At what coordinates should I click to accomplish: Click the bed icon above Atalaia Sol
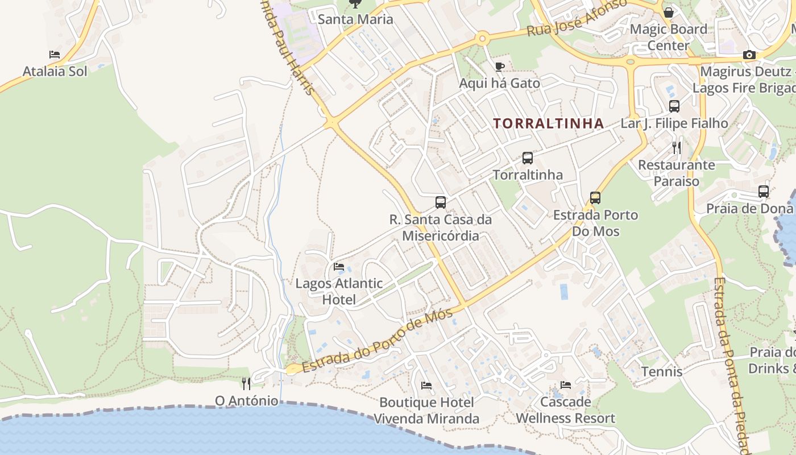(x=55, y=55)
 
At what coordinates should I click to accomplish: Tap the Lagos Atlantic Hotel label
(x=339, y=291)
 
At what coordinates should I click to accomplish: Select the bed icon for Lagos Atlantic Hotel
(x=339, y=266)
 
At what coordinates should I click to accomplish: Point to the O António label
(x=247, y=401)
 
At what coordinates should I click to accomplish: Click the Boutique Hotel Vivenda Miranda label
(x=426, y=411)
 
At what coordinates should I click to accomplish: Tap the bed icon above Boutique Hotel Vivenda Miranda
(x=426, y=386)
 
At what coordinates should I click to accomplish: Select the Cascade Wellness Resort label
(x=565, y=410)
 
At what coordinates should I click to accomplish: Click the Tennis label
(x=662, y=371)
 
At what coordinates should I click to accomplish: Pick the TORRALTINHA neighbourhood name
(x=548, y=123)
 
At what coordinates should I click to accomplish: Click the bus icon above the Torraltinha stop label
(x=528, y=158)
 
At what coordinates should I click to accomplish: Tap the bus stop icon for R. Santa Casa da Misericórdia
(x=441, y=202)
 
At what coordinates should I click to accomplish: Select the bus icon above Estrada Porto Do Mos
(x=595, y=198)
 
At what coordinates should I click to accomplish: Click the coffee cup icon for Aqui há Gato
(x=499, y=67)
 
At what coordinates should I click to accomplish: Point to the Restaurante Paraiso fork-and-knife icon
(x=677, y=148)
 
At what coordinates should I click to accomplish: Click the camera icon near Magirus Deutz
(x=749, y=55)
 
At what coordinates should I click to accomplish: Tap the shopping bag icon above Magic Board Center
(x=669, y=12)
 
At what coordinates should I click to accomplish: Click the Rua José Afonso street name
(x=577, y=18)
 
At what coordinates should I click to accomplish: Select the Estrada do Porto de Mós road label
(x=378, y=340)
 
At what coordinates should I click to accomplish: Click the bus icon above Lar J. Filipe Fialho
(x=674, y=106)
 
